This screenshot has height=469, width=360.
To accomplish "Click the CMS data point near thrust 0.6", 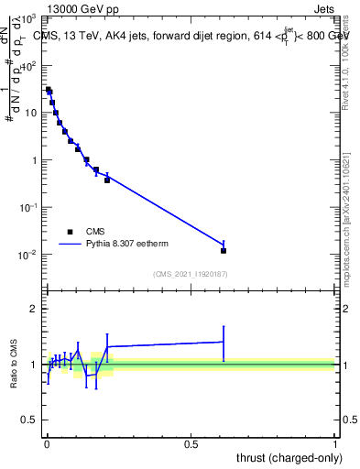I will [x=224, y=250].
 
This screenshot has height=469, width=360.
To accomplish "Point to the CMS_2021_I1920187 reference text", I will [x=191, y=274].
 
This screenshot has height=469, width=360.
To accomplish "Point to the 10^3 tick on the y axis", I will [x=27, y=18].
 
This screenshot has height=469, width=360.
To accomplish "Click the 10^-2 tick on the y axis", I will [x=27, y=254].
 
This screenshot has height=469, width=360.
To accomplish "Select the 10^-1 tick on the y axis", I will [x=27, y=207].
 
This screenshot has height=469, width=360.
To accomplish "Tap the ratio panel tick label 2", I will [x=34, y=309].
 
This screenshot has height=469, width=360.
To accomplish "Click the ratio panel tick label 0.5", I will [x=30, y=421].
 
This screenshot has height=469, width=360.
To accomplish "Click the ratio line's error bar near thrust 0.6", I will [x=224, y=342].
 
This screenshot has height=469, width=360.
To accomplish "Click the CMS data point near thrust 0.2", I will [x=107, y=180].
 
